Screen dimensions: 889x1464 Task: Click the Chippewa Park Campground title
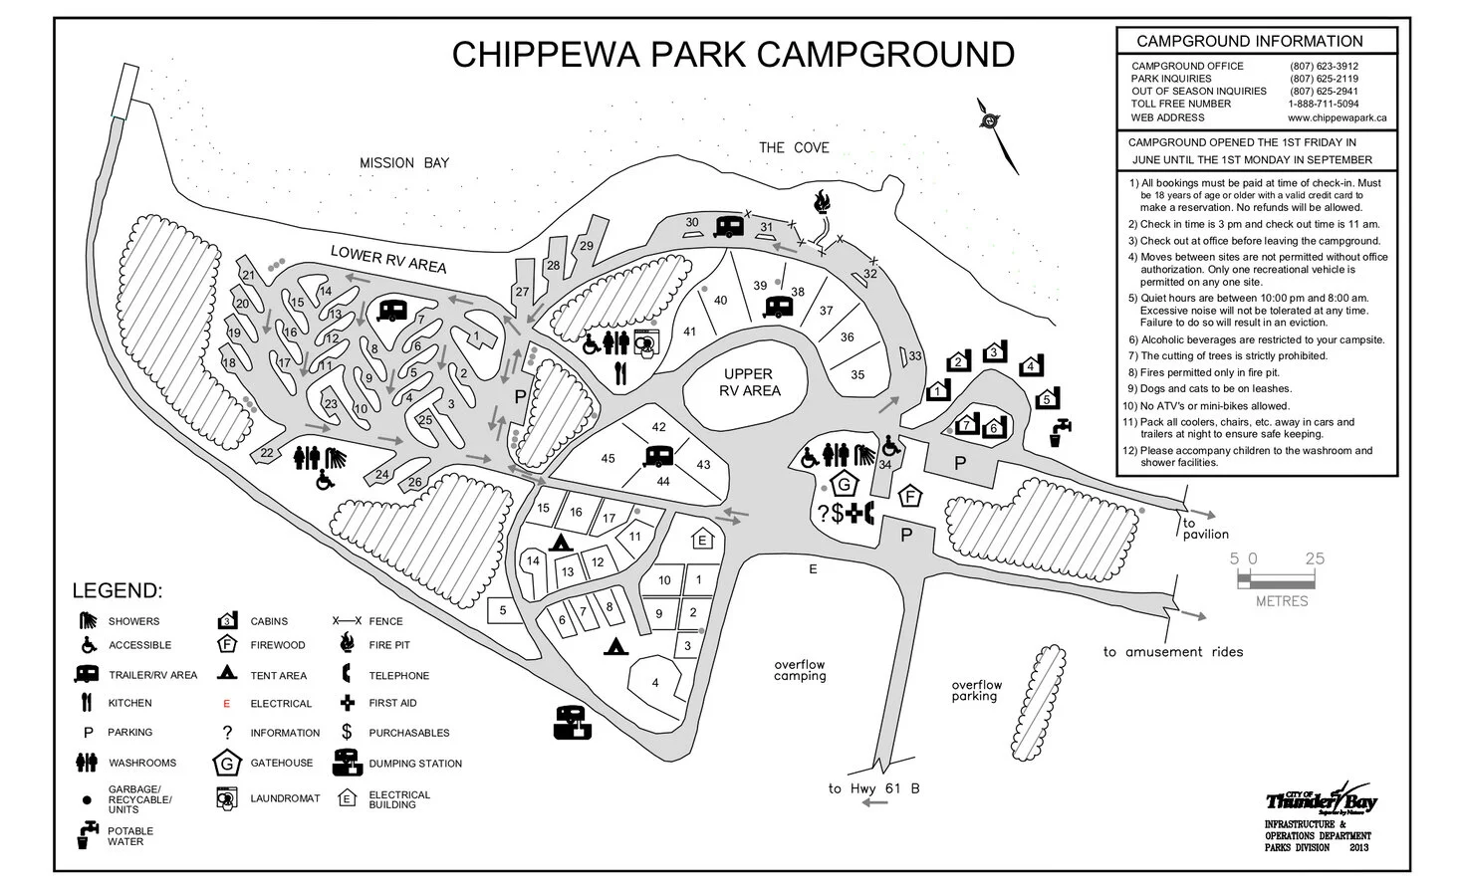pos(733,54)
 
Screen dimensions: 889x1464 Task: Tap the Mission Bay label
pos(404,163)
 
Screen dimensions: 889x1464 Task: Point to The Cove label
pos(794,147)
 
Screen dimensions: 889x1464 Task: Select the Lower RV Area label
pos(388,260)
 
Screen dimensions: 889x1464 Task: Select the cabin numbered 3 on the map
pos(993,352)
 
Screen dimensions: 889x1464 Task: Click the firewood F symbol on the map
pos(909,497)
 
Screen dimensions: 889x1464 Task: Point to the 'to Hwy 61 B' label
pos(873,789)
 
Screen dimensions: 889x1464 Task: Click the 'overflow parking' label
pos(976,691)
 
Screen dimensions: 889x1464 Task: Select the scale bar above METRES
pos(1282,578)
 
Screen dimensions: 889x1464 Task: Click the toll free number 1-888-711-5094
pos(1323,104)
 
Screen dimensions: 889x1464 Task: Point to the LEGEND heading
pos(116,591)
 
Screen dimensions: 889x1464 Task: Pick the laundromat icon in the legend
pos(227,798)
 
